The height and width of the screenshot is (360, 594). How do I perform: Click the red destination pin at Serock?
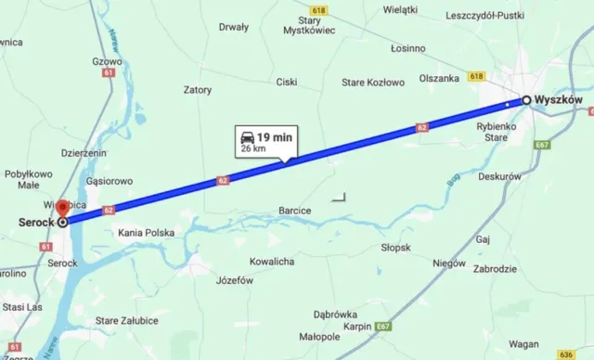pos(62,209)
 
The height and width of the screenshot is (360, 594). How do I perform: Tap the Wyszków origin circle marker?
pos(526,100)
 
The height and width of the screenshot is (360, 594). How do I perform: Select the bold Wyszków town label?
pos(559,100)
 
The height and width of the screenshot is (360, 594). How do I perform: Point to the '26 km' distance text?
pos(252,148)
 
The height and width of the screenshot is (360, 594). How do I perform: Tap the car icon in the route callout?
pos(248,136)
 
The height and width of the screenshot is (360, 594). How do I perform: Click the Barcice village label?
pos(295,211)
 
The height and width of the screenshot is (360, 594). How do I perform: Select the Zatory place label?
pos(198,90)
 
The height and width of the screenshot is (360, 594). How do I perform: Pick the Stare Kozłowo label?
pos(373,83)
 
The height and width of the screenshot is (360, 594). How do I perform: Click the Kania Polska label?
pos(147,233)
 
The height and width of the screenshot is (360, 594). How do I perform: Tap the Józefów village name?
pos(234,280)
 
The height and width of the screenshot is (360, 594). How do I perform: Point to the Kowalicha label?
pos(272,262)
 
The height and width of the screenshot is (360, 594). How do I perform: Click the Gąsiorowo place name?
pos(109,181)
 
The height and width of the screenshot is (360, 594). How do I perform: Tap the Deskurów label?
pos(500,176)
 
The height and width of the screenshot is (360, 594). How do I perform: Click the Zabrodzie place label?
pos(494,268)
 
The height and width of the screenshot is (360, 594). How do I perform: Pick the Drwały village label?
pos(233,27)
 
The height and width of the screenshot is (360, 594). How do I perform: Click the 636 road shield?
pos(567,354)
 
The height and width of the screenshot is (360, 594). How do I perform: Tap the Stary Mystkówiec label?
pos(310,25)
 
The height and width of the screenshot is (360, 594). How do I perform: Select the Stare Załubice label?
pos(127,320)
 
